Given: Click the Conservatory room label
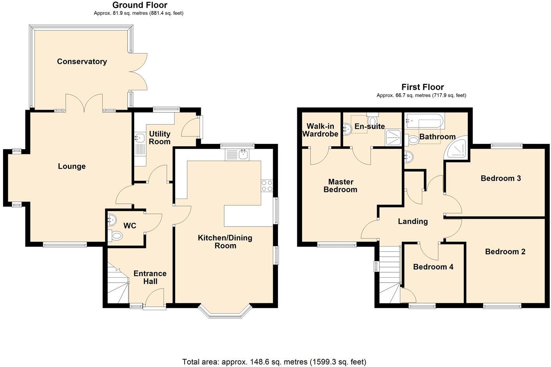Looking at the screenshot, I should [82, 61].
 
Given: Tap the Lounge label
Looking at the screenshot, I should [72, 166].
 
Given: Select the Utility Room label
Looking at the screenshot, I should [160, 138].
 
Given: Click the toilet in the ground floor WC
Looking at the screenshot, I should [116, 235].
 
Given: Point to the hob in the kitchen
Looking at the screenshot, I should [267, 186].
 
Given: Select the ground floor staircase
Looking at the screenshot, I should [118, 286].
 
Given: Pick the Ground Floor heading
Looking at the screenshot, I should [140, 5].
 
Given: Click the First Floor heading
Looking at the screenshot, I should [423, 87].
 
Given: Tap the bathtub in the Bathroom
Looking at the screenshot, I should [424, 121].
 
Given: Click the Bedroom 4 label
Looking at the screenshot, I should [433, 267].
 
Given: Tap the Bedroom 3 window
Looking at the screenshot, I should [506, 146].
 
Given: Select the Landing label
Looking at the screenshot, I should [412, 222].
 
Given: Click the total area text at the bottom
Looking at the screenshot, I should [274, 362].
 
